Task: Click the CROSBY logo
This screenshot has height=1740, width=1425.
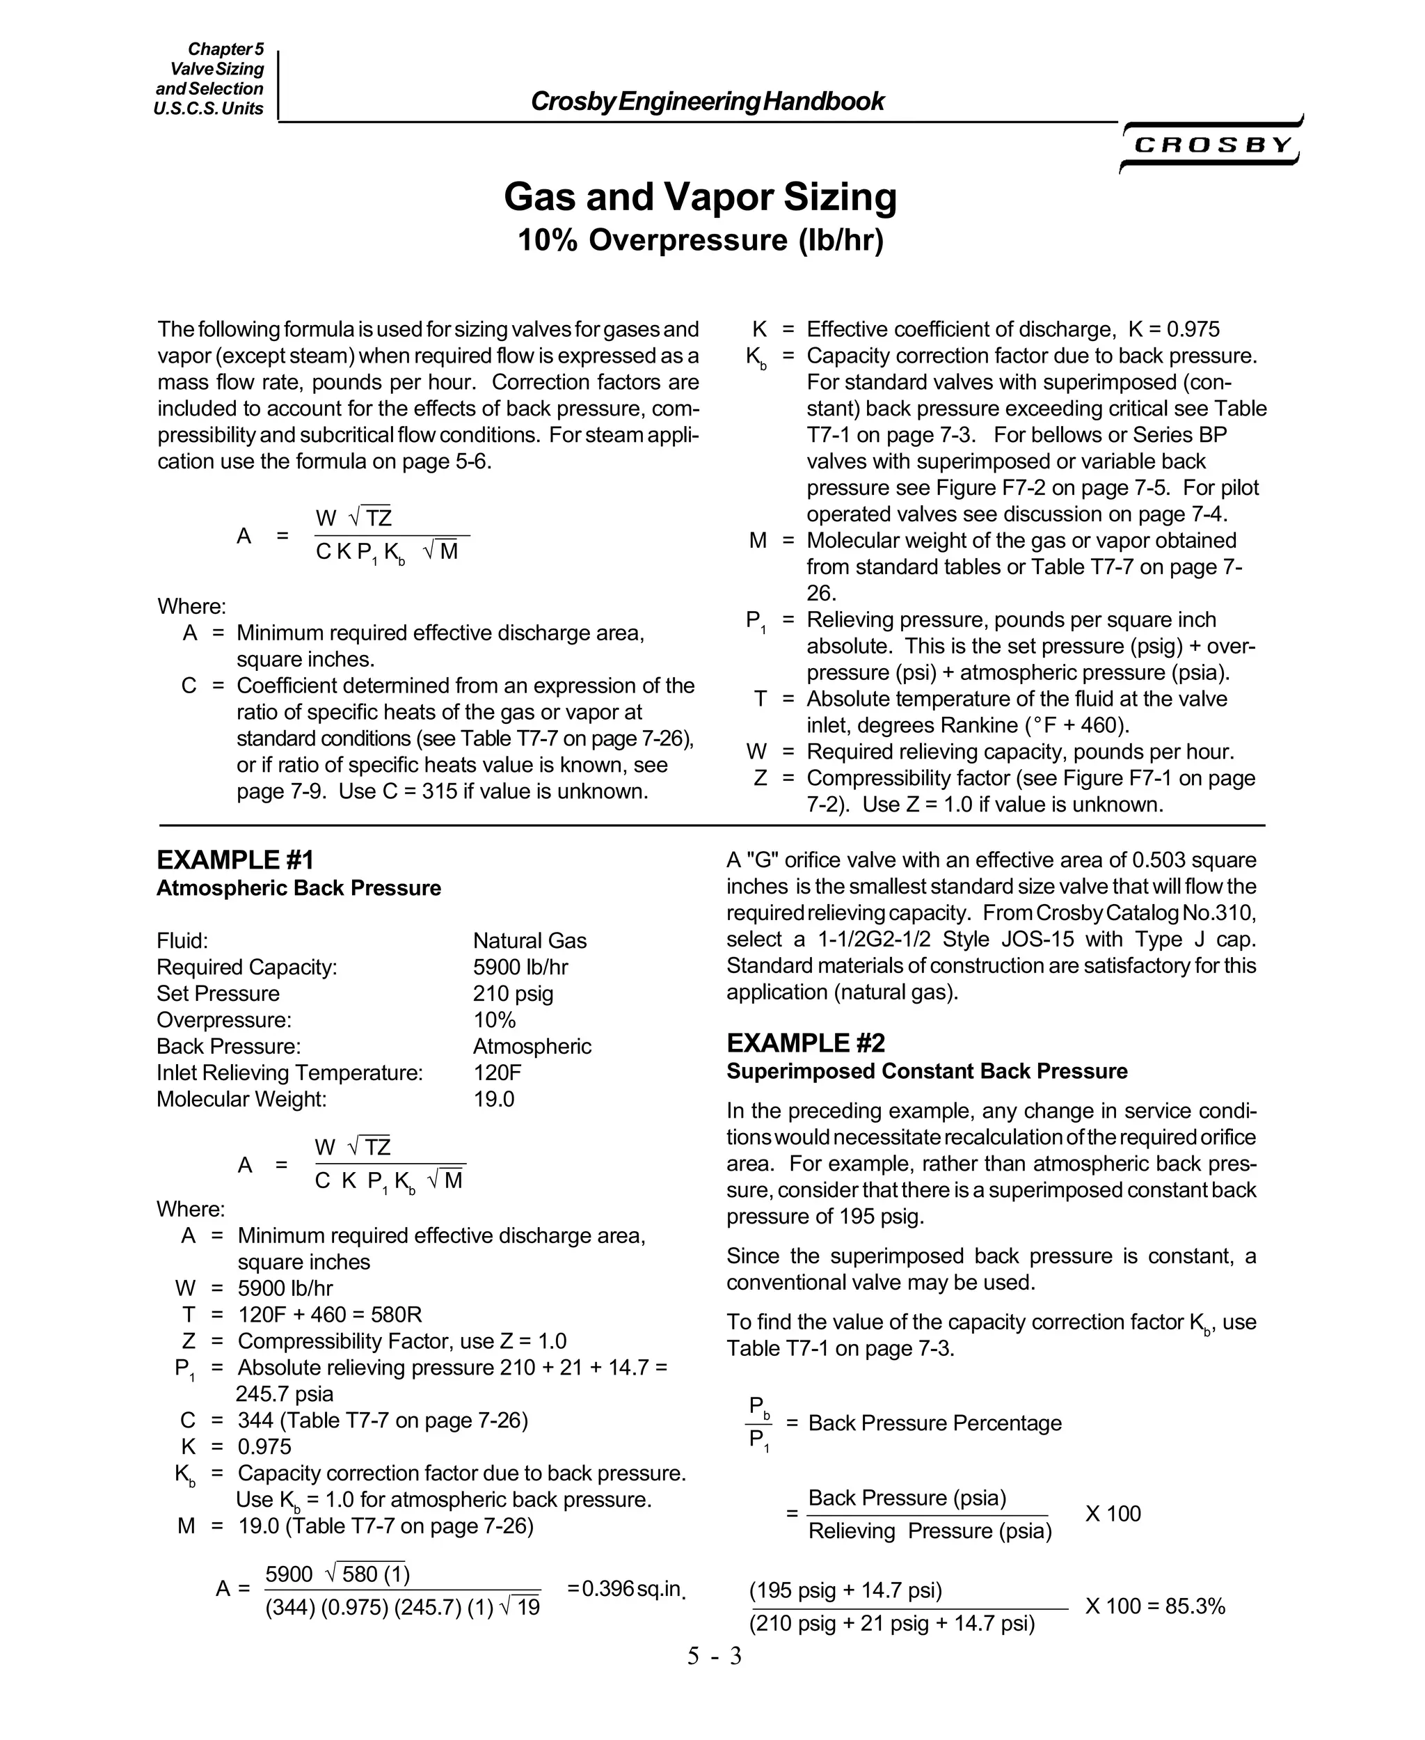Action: [1211, 146]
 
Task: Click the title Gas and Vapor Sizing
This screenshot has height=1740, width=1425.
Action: [700, 197]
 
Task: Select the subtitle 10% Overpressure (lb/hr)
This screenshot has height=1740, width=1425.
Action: [700, 241]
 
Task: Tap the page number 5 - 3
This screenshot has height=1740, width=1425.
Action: [713, 1656]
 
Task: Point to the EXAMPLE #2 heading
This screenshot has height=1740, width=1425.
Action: [805, 1044]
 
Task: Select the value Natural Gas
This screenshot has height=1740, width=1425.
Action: [530, 941]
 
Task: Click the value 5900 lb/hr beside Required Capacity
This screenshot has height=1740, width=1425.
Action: [520, 967]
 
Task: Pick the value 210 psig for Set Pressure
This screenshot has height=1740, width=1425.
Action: [513, 994]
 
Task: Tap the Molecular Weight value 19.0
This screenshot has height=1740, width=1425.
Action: [493, 1099]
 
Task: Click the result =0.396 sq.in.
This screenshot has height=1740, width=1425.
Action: [626, 1589]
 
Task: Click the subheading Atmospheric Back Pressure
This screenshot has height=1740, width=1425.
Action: [298, 889]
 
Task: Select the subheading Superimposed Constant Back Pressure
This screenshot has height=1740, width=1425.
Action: [927, 1072]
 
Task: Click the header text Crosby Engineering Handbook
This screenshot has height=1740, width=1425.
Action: [707, 102]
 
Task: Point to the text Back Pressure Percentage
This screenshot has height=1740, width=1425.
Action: [934, 1423]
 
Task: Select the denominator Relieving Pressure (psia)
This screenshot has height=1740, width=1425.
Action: [929, 1531]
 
